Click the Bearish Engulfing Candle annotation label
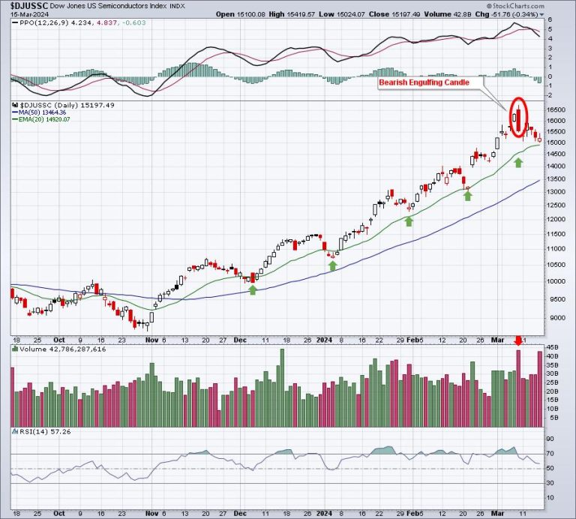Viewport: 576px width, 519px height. [423, 83]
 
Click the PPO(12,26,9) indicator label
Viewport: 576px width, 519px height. [42, 22]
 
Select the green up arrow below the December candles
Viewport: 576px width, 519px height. [253, 289]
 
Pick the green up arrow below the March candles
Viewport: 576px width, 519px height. [518, 162]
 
